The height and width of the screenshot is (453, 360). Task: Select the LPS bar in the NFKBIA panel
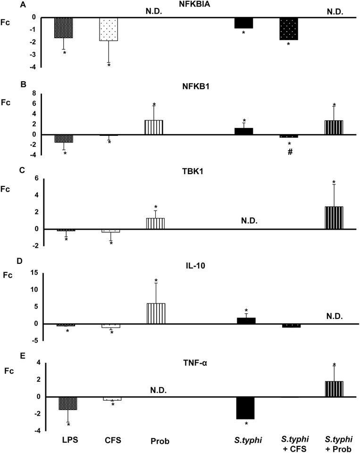coord(64,28)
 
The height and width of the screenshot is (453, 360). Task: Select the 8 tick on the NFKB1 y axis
coord(34,93)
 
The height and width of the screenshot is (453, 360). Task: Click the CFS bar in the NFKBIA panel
coord(108,29)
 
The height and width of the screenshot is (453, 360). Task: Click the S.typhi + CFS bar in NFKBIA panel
coord(289,29)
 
